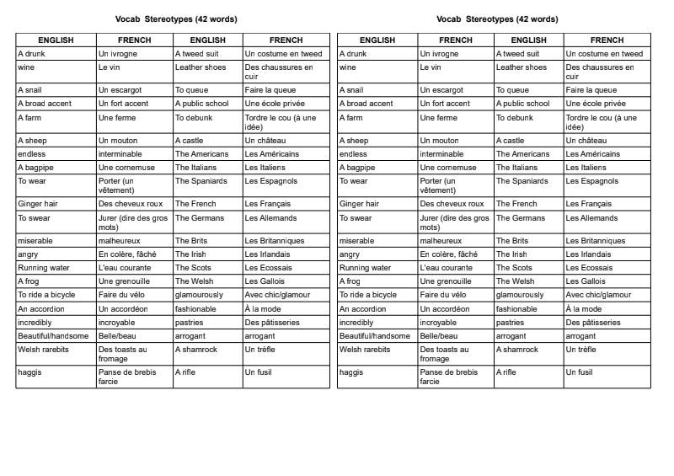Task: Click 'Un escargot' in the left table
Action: tap(120, 90)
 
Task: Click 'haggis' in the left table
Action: tap(29, 372)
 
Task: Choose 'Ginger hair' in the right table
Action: tap(359, 204)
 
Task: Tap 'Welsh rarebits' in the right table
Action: tap(362, 350)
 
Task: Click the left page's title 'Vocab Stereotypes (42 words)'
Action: tap(176, 19)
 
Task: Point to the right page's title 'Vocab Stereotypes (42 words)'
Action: tap(498, 19)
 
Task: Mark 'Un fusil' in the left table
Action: tap(259, 372)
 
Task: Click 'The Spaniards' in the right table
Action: tap(522, 181)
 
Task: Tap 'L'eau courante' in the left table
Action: tap(123, 268)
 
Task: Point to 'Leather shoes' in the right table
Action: tap(522, 67)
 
